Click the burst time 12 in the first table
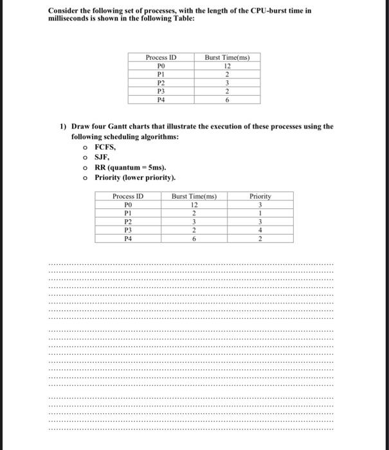(227, 66)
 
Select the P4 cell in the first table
(161, 100)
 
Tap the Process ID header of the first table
(161, 57)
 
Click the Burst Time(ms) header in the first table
(227, 57)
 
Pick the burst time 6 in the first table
(227, 100)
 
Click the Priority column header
(260, 196)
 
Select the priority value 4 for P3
(260, 230)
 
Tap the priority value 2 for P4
(260, 238)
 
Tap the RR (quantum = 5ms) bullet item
(125, 167)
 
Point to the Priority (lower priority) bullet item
(134, 177)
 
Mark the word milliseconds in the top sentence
(72, 20)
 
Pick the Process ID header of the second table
(127, 196)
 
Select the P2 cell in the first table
(161, 83)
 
